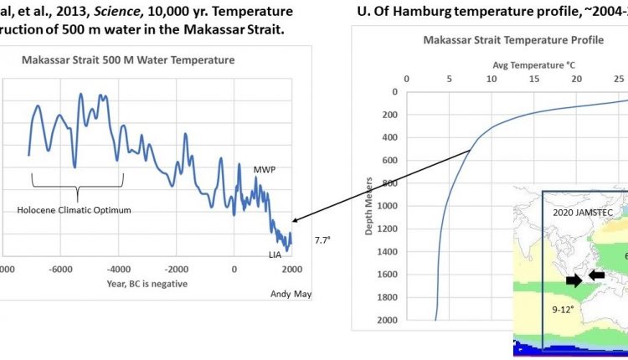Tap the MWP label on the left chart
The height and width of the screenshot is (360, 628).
pos(265,170)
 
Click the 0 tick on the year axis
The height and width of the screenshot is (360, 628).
pos(234,269)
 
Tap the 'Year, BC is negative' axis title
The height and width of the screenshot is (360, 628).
pos(147,283)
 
